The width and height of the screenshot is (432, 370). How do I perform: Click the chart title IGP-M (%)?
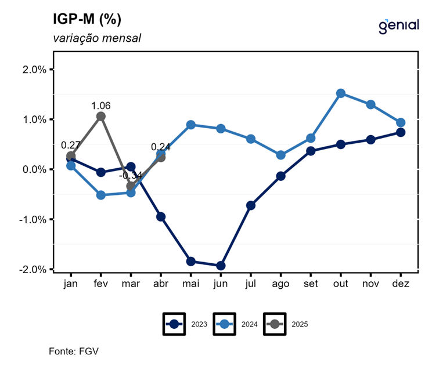tap(87, 20)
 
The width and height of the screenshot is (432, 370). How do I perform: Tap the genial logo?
tap(398, 26)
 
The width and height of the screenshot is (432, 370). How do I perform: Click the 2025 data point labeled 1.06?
tap(101, 116)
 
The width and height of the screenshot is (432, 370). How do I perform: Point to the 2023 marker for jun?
tap(221, 266)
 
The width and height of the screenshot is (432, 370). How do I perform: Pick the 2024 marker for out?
tap(341, 93)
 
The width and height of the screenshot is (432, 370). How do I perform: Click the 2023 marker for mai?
tap(191, 262)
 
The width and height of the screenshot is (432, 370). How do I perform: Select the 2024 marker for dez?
tap(401, 122)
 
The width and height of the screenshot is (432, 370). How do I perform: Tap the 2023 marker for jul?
tap(251, 205)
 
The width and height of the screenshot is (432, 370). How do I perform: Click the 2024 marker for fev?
tap(101, 195)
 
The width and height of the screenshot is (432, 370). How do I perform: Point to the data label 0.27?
tap(70, 145)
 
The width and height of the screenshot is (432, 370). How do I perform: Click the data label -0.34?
tap(129, 175)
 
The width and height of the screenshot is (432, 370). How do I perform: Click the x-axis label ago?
tap(281, 284)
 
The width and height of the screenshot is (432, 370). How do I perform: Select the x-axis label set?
tap(311, 284)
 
